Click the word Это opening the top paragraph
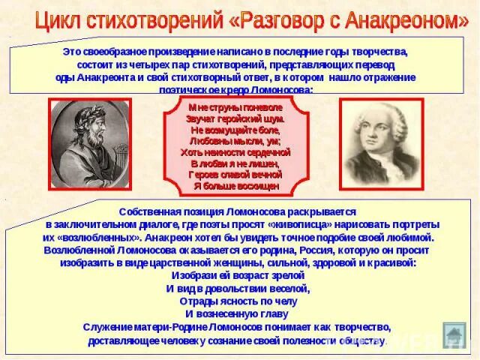pos(73,52)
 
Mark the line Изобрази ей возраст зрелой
pos(235,275)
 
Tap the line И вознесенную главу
pos(235,313)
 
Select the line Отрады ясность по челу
pos(235,301)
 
